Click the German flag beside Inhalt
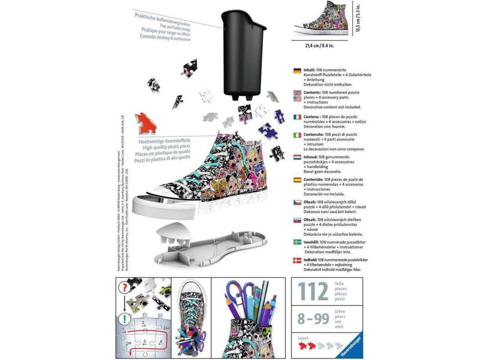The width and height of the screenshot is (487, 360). [298, 71]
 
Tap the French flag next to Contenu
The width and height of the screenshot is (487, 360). [298, 117]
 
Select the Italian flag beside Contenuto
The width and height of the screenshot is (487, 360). [298, 135]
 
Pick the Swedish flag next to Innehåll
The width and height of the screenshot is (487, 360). [298, 243]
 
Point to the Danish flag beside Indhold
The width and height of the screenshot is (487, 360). [298, 260]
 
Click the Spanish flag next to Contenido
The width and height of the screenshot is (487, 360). [298, 179]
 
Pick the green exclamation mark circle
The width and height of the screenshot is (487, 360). [124, 318]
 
